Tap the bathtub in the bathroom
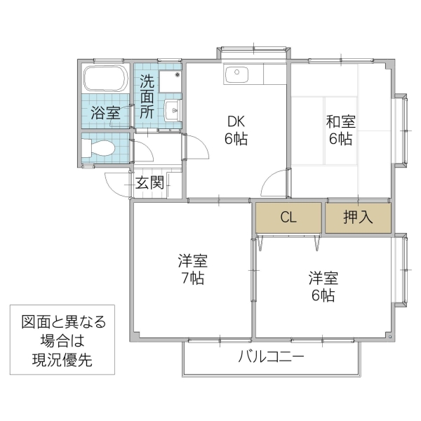(105, 79)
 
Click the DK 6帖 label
(236, 129)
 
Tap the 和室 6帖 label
(340, 129)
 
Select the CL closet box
(288, 218)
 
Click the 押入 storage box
(357, 218)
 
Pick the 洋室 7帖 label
(191, 269)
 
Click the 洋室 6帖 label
(323, 286)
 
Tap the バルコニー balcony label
(271, 357)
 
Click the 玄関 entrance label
(149, 184)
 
